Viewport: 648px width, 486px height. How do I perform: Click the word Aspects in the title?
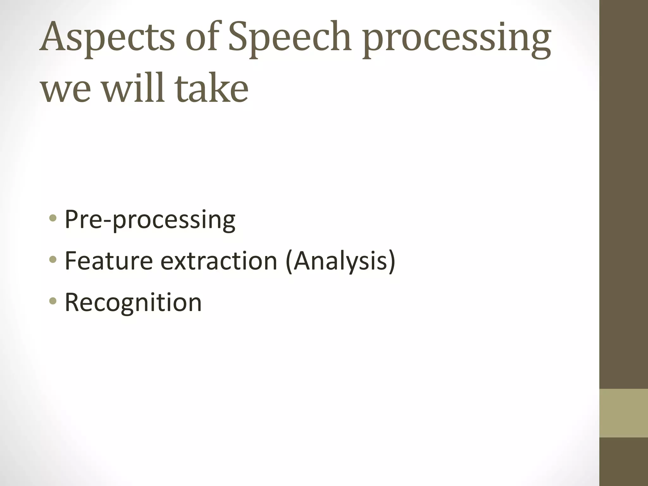(x=107, y=38)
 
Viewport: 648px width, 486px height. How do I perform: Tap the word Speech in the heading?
(x=290, y=38)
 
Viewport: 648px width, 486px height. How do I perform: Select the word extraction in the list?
(x=219, y=261)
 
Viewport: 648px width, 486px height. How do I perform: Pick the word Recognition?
(x=133, y=303)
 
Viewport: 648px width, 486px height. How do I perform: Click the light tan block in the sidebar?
(x=623, y=413)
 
